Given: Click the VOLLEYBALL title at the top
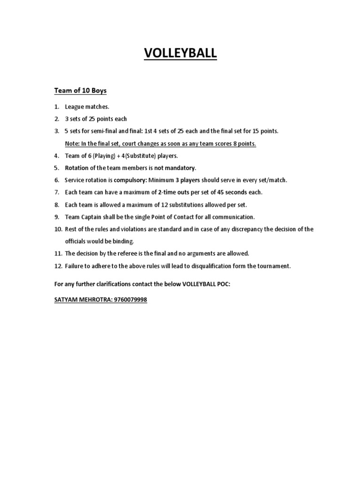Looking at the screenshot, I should click(180, 54).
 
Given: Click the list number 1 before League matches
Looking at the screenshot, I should click(56, 107).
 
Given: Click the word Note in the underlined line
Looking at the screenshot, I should click(72, 143).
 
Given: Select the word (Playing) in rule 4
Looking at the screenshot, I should click(108, 155).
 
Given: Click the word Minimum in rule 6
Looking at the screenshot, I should click(162, 180).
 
